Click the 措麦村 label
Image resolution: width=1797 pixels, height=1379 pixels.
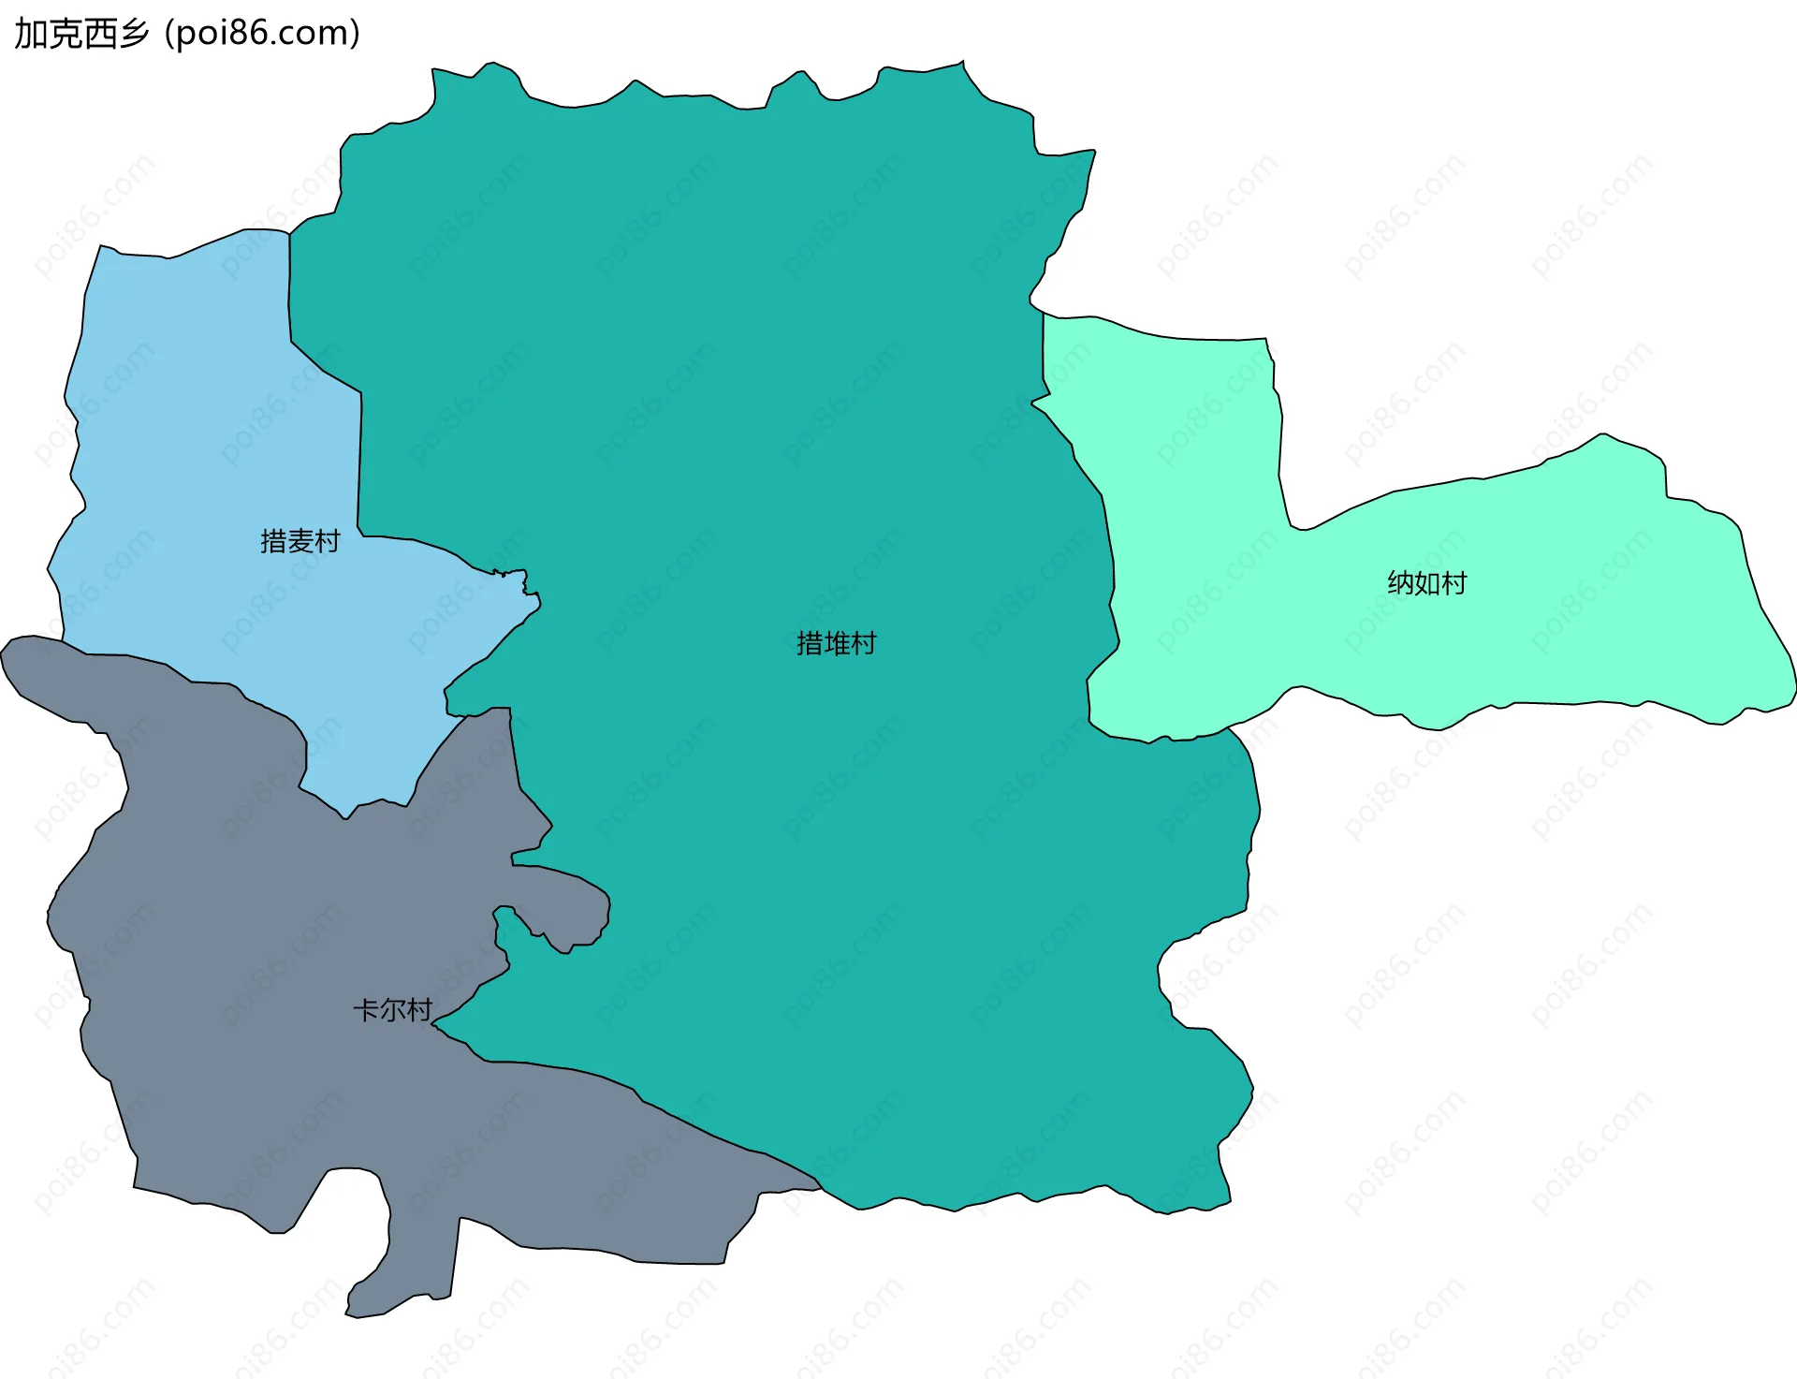299,541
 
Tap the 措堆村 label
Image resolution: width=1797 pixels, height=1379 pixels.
836,643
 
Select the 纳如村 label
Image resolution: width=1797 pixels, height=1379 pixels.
1426,583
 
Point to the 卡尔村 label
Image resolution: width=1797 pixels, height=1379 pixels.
392,1010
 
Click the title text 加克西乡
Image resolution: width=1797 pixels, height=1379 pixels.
81,34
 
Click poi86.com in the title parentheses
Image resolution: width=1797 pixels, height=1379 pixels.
261,34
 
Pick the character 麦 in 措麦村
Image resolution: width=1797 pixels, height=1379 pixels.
299,541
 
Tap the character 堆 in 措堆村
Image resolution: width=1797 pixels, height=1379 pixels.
836,643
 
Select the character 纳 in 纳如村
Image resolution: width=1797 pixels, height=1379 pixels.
1400,583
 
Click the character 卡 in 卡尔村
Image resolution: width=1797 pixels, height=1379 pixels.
366,1010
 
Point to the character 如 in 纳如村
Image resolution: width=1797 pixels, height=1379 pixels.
1426,583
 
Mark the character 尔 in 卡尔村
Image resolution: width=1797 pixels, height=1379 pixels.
392,1010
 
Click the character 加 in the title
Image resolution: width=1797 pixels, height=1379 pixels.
30,34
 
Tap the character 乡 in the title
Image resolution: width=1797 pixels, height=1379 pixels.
133,34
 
